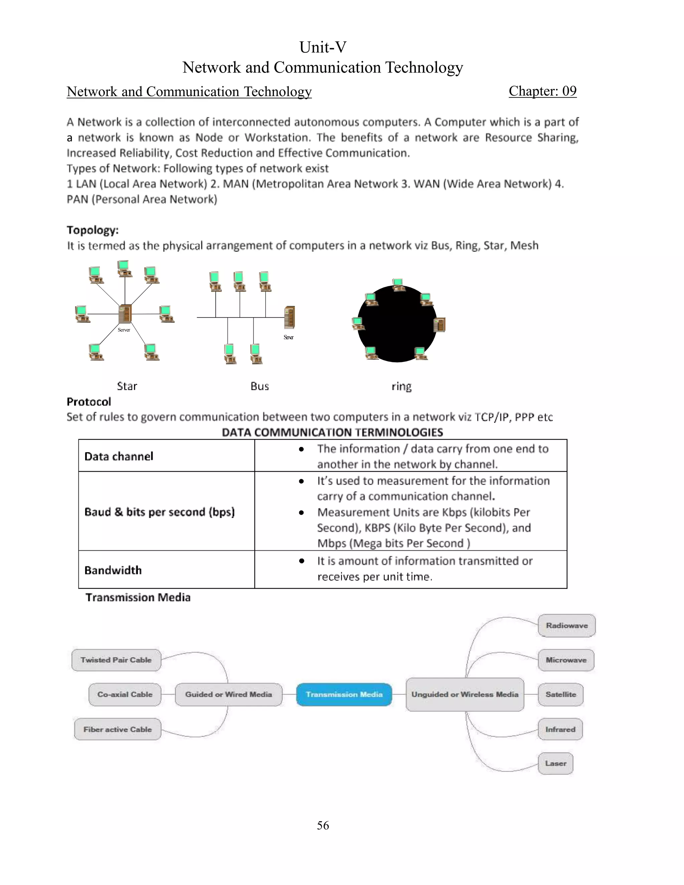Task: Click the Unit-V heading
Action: (323, 47)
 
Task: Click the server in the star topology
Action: (125, 314)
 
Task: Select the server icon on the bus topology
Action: (289, 317)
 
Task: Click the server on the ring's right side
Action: (440, 325)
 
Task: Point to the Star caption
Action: (127, 386)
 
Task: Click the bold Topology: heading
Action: (93, 230)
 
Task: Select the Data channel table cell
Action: (119, 456)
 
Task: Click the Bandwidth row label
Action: (113, 570)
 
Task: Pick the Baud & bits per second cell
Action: (160, 512)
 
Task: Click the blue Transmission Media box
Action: (344, 695)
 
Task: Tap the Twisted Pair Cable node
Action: (116, 660)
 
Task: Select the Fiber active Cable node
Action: (118, 729)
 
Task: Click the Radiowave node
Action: (566, 626)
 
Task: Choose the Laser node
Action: (555, 763)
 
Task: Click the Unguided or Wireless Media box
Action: (465, 695)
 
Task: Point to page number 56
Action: (323, 826)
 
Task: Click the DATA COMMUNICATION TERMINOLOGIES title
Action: (332, 432)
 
